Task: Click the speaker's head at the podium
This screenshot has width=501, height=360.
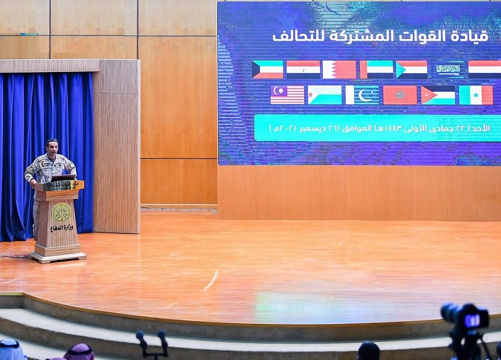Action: (x=52, y=146)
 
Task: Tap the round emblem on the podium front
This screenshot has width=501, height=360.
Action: (x=61, y=212)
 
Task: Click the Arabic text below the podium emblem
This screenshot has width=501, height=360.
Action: (x=61, y=227)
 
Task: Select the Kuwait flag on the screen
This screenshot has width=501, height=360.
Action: (x=268, y=70)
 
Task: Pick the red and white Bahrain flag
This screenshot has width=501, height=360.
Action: (x=339, y=70)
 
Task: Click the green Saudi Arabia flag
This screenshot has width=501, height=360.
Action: (x=448, y=70)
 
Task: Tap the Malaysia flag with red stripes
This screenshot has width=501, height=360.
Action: (x=287, y=95)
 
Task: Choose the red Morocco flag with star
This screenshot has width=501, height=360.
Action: (x=400, y=95)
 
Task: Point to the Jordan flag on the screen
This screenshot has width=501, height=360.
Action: (x=438, y=95)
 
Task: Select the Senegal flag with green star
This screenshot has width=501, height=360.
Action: (x=476, y=95)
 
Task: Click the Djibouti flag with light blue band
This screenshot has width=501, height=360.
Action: (x=325, y=95)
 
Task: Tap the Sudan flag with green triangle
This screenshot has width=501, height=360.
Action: (x=412, y=70)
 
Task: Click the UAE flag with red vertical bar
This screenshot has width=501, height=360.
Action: (x=376, y=70)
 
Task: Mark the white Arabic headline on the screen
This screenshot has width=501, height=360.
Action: (x=380, y=36)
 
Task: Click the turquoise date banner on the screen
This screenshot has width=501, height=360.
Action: (x=377, y=128)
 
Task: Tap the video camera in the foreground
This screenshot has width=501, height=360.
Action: (x=466, y=329)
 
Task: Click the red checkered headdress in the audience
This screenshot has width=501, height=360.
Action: (x=79, y=352)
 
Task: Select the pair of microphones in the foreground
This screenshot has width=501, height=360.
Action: (x=152, y=344)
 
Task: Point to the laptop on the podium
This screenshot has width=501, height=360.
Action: (x=63, y=178)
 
